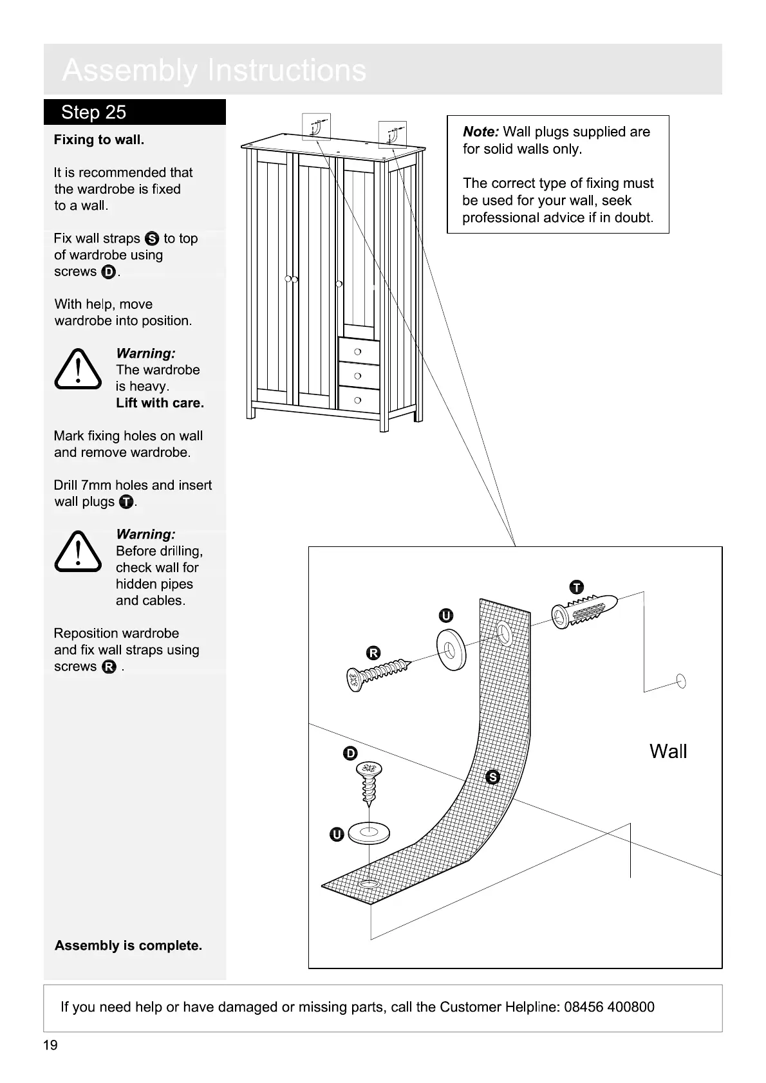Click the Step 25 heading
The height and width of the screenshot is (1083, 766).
coord(94,113)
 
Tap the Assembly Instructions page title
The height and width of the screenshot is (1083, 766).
coord(214,70)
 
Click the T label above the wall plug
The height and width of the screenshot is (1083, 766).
coord(577,587)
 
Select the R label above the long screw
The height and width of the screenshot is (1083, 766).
coord(373,654)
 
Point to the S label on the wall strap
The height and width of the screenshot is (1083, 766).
coord(493,777)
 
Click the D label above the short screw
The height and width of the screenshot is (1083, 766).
coord(350,754)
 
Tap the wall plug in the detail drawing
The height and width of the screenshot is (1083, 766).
coord(584,610)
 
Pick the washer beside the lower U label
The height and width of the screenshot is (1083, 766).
coord(369,834)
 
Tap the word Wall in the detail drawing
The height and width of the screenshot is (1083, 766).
coord(668,751)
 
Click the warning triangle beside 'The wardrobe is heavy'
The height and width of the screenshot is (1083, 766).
coord(78,369)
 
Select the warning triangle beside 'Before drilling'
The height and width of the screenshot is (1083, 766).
coord(78,551)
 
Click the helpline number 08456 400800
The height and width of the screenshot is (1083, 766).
coord(609,1007)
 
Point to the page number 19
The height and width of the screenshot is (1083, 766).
coord(50,1045)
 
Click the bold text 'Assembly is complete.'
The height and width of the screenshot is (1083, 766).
coord(128,945)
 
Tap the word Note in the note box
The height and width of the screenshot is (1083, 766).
coord(480,132)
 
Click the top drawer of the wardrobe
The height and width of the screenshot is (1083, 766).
coord(359,351)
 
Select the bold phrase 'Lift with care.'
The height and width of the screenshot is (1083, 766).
coord(160,403)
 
